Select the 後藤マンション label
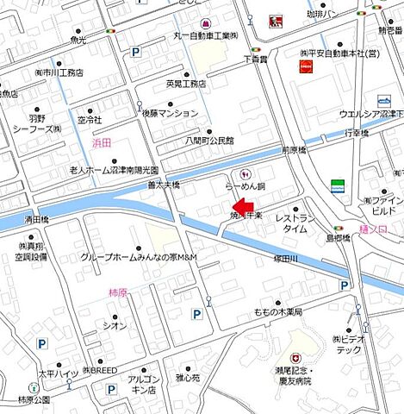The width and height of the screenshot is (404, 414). pyautogui.click(x=171, y=113)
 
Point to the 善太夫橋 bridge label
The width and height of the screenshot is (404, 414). pyautogui.click(x=163, y=185)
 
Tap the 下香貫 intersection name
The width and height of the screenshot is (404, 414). pyautogui.click(x=258, y=60)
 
